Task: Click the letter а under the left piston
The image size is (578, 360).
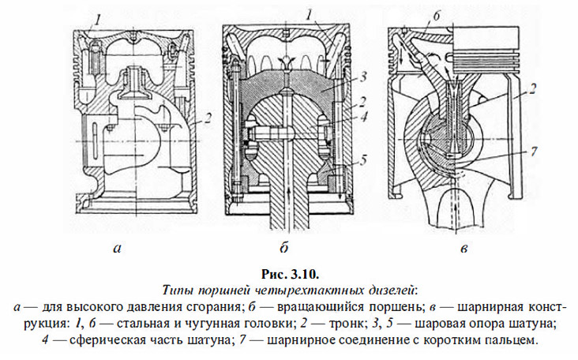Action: (117, 249)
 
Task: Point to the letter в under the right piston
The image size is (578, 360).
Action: (465, 249)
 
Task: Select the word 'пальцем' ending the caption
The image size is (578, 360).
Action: (514, 340)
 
